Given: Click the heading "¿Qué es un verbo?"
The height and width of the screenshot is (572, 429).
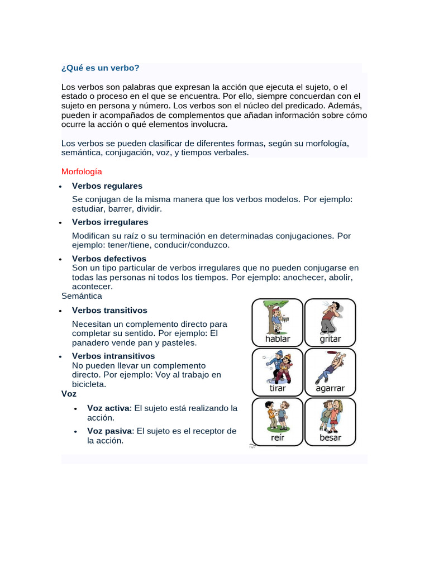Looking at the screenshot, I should [100, 68].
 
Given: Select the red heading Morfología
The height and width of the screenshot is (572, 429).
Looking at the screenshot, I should [82, 171].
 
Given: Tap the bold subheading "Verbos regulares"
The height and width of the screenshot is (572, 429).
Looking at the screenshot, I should [107, 185].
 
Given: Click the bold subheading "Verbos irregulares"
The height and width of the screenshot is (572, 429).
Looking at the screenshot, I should [110, 222].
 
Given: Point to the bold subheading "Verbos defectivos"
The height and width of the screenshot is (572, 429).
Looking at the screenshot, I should [109, 259].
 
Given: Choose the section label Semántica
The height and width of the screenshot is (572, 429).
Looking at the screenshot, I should [82, 295].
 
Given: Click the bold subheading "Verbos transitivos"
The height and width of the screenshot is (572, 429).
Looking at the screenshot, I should [109, 310].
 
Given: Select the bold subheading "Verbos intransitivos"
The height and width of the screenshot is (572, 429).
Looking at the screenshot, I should [113, 356].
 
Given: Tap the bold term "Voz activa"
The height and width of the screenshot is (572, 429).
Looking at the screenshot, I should [108, 408].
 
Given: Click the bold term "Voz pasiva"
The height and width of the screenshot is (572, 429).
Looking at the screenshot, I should [109, 431].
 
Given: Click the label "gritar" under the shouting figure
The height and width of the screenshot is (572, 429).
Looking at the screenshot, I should [330, 339].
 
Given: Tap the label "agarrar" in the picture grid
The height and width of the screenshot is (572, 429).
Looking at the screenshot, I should [330, 388].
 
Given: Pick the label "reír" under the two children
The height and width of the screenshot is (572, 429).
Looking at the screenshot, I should [278, 437].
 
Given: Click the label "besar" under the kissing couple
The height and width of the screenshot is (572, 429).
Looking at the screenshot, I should [330, 437].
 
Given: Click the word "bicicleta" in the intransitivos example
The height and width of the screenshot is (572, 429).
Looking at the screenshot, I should [89, 384].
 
